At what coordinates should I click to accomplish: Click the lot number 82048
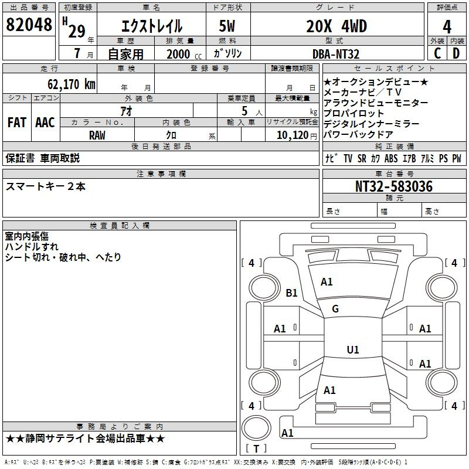pyautogui.click(x=29, y=25)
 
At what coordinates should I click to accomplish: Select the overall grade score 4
pyautogui.click(x=447, y=27)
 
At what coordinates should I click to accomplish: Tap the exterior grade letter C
pyautogui.click(x=437, y=53)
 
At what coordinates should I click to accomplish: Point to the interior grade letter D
pyautogui.click(x=456, y=53)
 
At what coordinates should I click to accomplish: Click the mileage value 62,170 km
pyautogui.click(x=72, y=84)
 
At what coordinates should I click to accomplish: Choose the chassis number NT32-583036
pyautogui.click(x=394, y=186)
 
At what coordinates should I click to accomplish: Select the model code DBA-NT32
pyautogui.click(x=335, y=54)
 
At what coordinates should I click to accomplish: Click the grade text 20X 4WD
pyautogui.click(x=337, y=26)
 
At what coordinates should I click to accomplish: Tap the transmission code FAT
pyautogui.click(x=17, y=123)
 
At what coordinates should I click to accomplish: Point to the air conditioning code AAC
pyautogui.click(x=45, y=123)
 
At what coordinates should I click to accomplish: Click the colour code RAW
pyautogui.click(x=97, y=135)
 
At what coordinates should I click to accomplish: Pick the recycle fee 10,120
pyautogui.click(x=293, y=135)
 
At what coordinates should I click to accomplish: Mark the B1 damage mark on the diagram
pyautogui.click(x=291, y=293)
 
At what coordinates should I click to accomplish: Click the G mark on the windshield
pyautogui.click(x=335, y=309)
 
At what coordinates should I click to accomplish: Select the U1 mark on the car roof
pyautogui.click(x=353, y=349)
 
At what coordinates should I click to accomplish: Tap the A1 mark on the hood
pyautogui.click(x=327, y=282)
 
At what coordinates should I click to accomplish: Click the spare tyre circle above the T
pyautogui.click(x=256, y=428)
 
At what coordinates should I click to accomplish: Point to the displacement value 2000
pyautogui.click(x=178, y=54)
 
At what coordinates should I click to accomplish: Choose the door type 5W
pyautogui.click(x=227, y=26)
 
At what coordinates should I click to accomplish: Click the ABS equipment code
pyautogui.click(x=391, y=158)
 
